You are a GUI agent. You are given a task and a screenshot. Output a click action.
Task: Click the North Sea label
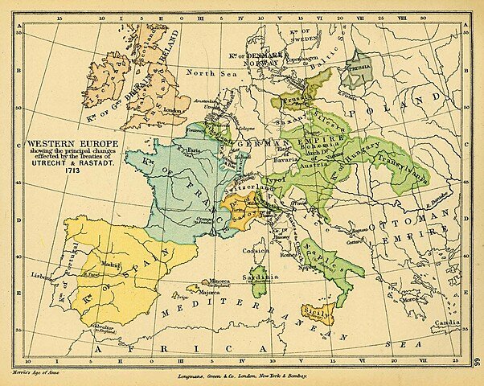click(x=211, y=72)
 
